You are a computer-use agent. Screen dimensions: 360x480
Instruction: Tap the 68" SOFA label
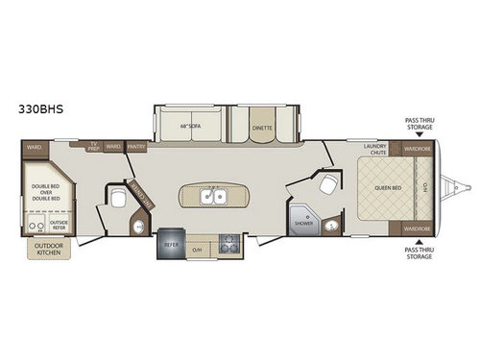(187, 126)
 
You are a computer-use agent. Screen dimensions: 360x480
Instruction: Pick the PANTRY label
(135, 148)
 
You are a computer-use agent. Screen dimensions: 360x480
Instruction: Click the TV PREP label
(94, 147)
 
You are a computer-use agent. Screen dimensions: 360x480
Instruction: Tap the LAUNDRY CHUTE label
(374, 150)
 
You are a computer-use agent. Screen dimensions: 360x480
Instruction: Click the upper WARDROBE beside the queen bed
(417, 150)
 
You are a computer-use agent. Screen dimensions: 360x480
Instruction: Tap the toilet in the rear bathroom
(115, 199)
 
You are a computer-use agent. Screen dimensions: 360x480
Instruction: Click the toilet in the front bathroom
(329, 184)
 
